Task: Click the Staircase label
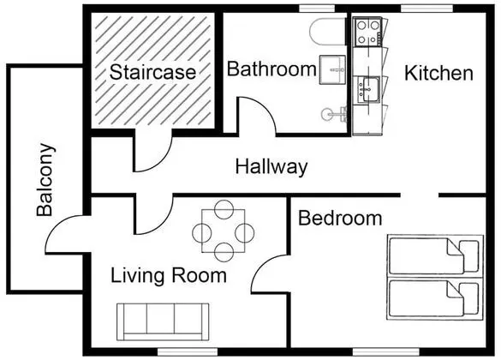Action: point(152,72)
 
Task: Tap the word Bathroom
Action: point(271,69)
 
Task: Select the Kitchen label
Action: point(438,73)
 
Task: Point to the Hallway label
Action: point(271,167)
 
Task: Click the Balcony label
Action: point(45,180)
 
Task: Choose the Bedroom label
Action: point(340,219)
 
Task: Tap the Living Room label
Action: point(169,275)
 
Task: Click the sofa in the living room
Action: point(163,322)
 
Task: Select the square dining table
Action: point(224,231)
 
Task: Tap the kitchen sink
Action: point(369,89)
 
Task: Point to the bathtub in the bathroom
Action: point(328,32)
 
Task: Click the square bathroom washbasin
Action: point(332,69)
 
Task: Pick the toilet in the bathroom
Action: point(334,114)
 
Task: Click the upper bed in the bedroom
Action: point(434,255)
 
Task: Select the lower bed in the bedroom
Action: point(434,299)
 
